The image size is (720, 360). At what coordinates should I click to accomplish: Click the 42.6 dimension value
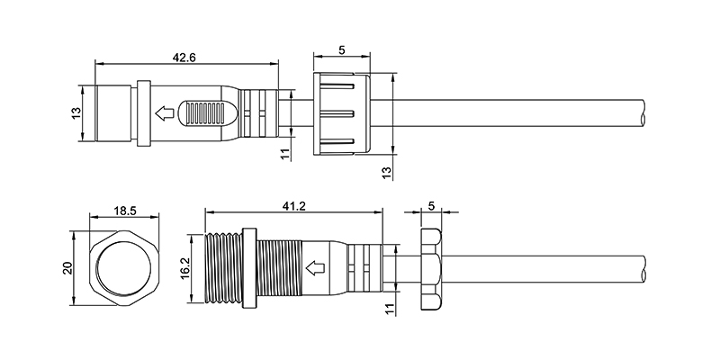184,58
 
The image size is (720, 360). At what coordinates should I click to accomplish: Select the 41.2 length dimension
294,206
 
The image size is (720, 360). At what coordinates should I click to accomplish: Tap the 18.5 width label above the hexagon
125,211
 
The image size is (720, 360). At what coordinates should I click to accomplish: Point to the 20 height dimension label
68,268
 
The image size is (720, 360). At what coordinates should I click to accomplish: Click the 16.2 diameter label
185,268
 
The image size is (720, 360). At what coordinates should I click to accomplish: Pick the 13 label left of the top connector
76,113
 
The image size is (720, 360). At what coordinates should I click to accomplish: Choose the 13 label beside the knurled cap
387,172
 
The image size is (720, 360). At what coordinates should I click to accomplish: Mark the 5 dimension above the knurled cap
342,50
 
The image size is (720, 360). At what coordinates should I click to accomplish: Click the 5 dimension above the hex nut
431,206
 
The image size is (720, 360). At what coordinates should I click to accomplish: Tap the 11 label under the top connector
286,154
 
